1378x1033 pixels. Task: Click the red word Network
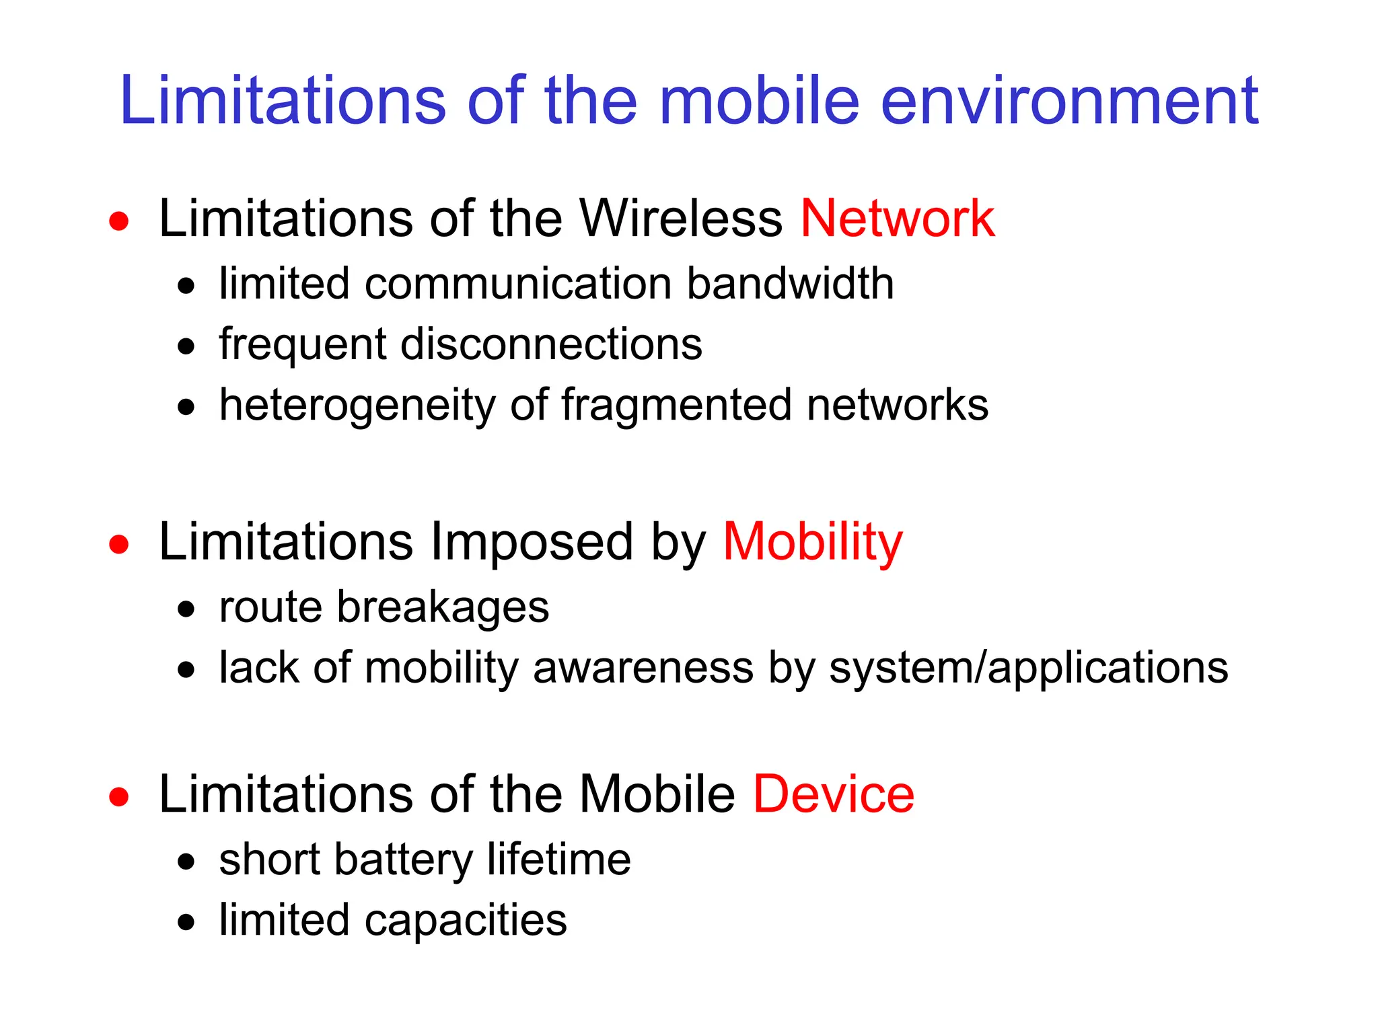[x=897, y=219]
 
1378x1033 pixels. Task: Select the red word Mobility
[x=812, y=542]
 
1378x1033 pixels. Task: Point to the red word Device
[x=833, y=794]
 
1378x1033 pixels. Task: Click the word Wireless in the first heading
[x=680, y=219]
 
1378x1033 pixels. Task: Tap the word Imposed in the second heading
[x=532, y=542]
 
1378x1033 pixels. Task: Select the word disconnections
[x=551, y=344]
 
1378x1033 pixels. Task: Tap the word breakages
[x=442, y=607]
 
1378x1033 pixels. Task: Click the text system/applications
[x=1028, y=668]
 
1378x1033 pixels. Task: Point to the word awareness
[x=643, y=668]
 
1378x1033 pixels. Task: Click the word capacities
[x=465, y=921]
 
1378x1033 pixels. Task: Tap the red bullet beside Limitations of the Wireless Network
[x=119, y=221]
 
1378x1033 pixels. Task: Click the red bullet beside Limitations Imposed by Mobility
[x=119, y=544]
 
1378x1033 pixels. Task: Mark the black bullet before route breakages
[x=186, y=610]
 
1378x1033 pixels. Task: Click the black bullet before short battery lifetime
[x=186, y=862]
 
